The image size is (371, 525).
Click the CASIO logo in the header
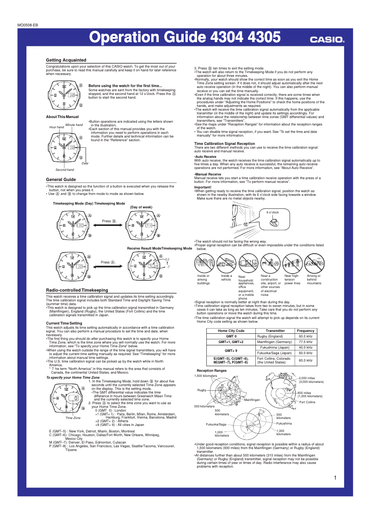pyautogui.click(x=327, y=40)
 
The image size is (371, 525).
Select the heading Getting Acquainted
pyautogui.click(x=66, y=60)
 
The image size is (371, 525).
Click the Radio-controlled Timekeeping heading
pyautogui.click(x=77, y=289)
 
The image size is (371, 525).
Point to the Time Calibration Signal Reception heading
pyautogui.click(x=224, y=144)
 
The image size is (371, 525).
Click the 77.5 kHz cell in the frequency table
pyautogui.click(x=306, y=342)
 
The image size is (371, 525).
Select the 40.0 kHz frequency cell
pyautogui.click(x=306, y=347)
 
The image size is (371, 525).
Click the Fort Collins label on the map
pyautogui.click(x=307, y=402)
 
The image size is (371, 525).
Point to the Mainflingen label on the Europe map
pyautogui.click(x=253, y=399)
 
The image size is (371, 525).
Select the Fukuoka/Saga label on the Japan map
pyautogui.click(x=216, y=424)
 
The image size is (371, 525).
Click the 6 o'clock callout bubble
pyautogui.click(x=272, y=212)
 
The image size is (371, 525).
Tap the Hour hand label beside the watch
pyautogui.click(x=56, y=127)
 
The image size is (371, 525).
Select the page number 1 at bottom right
pyautogui.click(x=334, y=477)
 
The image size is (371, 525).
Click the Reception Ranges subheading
pyautogui.click(x=211, y=370)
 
